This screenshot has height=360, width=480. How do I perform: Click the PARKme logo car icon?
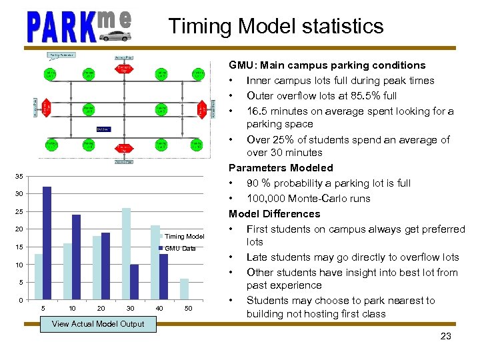[115, 35]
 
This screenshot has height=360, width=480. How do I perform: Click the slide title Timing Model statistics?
[276, 26]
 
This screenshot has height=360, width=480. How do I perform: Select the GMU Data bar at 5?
[47, 243]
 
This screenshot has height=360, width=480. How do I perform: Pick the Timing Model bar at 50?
[185, 289]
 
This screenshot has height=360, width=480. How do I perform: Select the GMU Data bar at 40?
[163, 277]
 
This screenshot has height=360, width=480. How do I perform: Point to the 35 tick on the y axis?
[20, 176]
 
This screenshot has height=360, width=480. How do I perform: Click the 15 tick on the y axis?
[20, 247]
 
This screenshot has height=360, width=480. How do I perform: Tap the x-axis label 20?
[101, 308]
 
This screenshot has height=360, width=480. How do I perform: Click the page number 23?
[445, 336]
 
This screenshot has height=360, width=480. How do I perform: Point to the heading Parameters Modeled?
[281, 168]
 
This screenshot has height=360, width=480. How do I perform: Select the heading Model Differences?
[275, 214]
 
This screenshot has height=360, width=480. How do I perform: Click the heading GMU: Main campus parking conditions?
[327, 65]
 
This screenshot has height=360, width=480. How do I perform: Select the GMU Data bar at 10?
[77, 257]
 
